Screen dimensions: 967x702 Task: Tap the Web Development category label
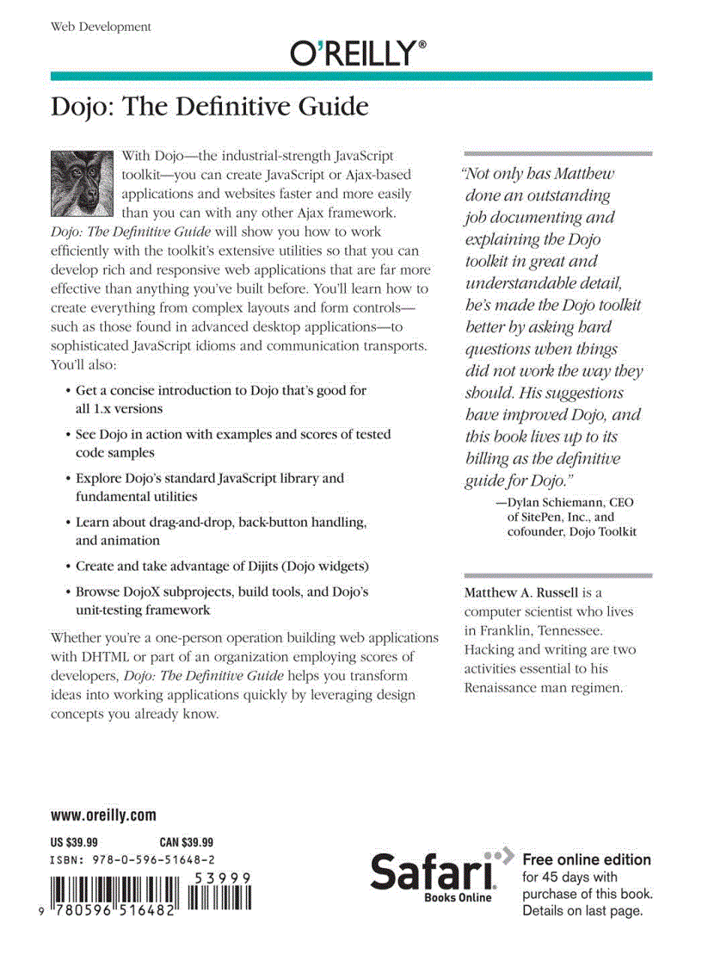point(101,27)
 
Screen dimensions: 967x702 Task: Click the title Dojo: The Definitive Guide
point(210,108)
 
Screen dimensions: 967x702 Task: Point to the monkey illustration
point(83,182)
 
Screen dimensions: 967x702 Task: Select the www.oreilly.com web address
point(103,815)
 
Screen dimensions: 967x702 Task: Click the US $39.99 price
point(74,842)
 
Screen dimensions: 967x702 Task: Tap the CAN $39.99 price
point(187,842)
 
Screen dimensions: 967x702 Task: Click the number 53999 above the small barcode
point(222,877)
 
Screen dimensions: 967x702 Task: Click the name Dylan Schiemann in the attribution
point(557,501)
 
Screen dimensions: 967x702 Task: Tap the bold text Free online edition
point(587,859)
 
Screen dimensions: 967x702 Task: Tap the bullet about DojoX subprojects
point(222,601)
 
